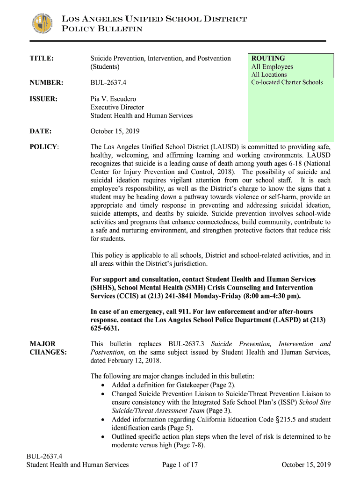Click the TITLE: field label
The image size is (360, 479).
pos(42,58)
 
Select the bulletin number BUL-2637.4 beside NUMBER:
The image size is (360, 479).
pos(108,83)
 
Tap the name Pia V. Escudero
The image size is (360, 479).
pos(114,99)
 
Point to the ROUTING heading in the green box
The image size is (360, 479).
pos(268,58)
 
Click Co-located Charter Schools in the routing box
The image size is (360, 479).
pos(287,82)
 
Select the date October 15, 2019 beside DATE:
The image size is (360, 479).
pos(115,131)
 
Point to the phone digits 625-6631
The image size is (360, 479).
pos(105,328)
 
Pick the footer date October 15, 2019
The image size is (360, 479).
pos(306,464)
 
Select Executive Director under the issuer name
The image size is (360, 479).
pos(117,107)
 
